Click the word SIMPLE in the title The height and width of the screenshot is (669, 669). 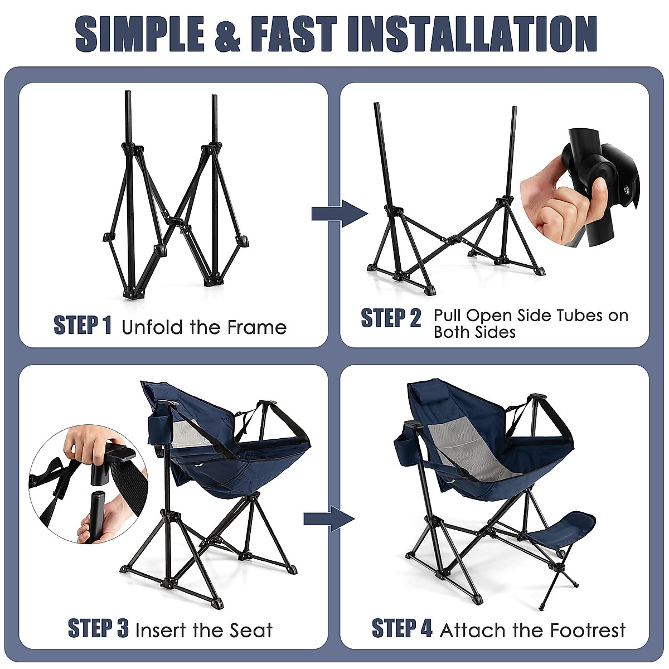(x=140, y=35)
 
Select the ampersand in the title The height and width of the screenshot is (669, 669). (x=227, y=35)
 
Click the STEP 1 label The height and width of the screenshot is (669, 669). (x=83, y=325)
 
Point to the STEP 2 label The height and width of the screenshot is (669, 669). (x=391, y=318)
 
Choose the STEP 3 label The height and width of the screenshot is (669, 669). (x=98, y=628)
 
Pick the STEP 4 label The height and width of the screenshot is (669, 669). (x=402, y=628)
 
